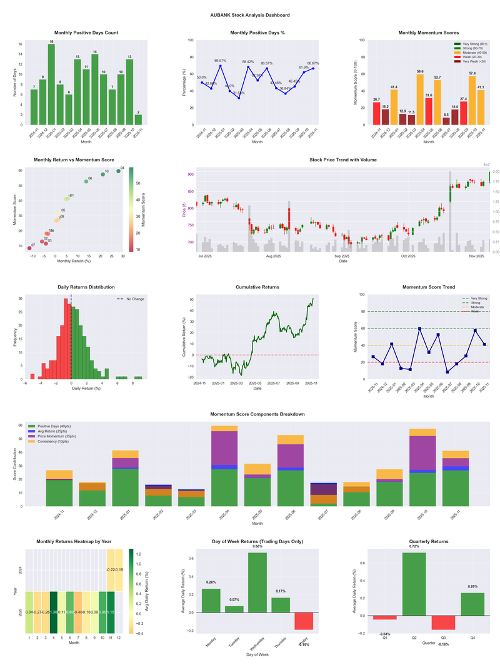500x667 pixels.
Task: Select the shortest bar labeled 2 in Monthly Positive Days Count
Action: point(138,120)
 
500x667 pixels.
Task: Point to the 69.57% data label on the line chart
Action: point(220,61)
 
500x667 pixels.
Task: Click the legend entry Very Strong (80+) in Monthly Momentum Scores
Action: point(472,44)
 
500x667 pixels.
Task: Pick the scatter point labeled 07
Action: point(29,248)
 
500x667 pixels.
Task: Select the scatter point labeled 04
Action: point(118,171)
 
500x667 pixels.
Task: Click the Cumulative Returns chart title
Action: point(257,287)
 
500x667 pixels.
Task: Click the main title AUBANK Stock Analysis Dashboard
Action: point(250,15)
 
